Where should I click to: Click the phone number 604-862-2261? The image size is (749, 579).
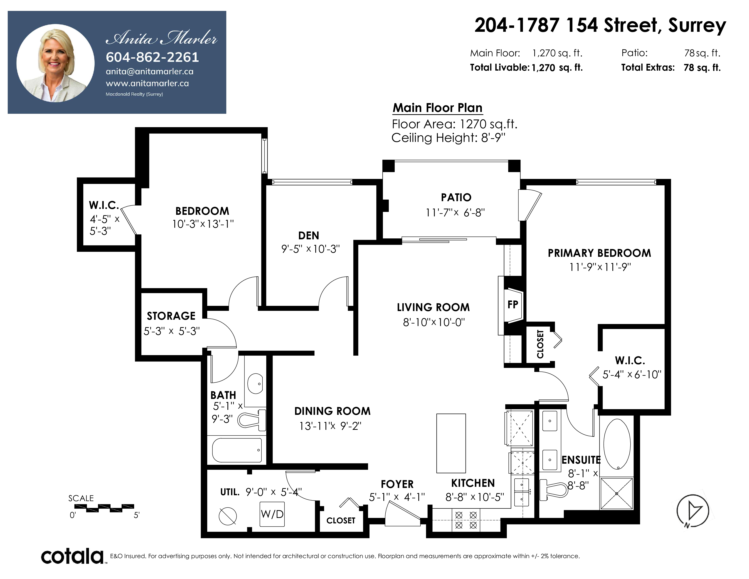[x=152, y=57]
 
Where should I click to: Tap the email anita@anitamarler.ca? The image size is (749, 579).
[x=150, y=72]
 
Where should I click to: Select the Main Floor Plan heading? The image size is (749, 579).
[x=438, y=108]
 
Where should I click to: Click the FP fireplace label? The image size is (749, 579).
[x=513, y=304]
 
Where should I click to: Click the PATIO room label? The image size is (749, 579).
[x=456, y=198]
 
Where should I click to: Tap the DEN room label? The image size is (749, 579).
[x=309, y=236]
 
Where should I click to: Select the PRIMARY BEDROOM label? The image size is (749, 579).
[x=599, y=253]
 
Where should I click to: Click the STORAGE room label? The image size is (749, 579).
[x=171, y=316]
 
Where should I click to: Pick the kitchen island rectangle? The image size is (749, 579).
[x=451, y=443]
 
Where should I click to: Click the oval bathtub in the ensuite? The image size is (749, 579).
[x=617, y=444]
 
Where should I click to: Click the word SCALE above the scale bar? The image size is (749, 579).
[x=81, y=498]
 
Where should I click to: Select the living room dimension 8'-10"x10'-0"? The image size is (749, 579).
[x=434, y=322]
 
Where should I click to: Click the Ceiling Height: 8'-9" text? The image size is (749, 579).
[x=448, y=138]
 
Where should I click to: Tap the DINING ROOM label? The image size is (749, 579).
[x=332, y=411]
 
